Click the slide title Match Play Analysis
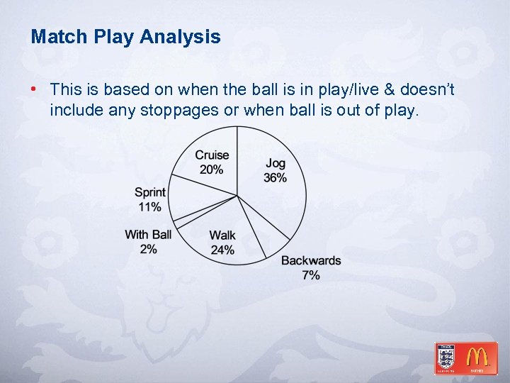point(125,37)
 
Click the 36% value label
point(276,178)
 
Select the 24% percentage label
point(222,250)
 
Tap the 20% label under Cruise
point(212,170)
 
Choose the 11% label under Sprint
point(150,207)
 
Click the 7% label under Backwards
point(311,274)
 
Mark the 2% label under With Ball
point(149,248)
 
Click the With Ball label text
point(148,235)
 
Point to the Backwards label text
point(311,261)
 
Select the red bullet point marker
point(33,90)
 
